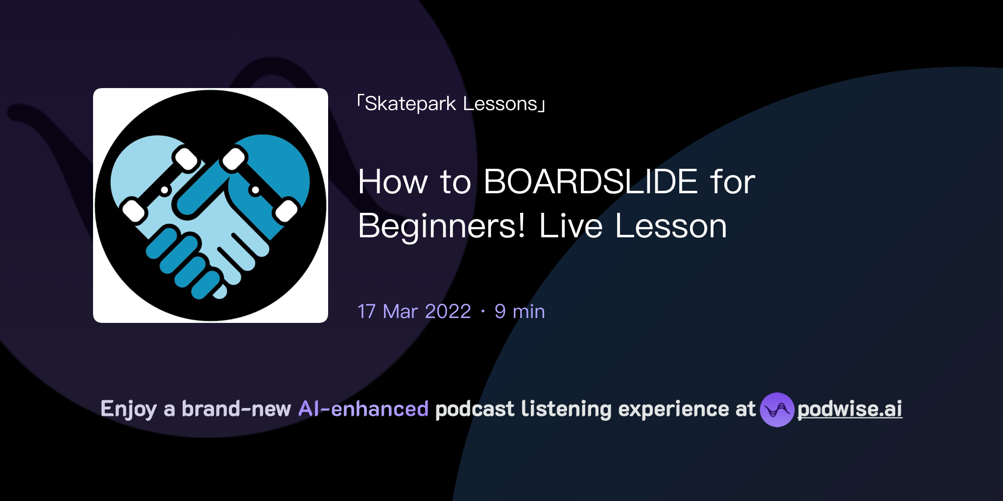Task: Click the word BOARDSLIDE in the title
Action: point(590,182)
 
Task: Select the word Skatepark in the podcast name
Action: point(410,104)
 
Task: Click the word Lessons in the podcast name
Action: point(500,104)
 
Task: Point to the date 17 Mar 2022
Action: point(414,312)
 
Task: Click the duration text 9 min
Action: point(520,312)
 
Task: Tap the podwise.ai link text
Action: point(849,409)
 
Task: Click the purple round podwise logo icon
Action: point(777,410)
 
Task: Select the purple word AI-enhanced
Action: point(363,409)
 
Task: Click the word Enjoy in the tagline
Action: point(128,409)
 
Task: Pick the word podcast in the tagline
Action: point(475,409)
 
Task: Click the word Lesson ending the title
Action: point(670,226)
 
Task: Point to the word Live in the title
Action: point(571,226)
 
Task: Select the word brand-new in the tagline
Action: point(236,409)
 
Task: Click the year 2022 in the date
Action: point(448,312)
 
